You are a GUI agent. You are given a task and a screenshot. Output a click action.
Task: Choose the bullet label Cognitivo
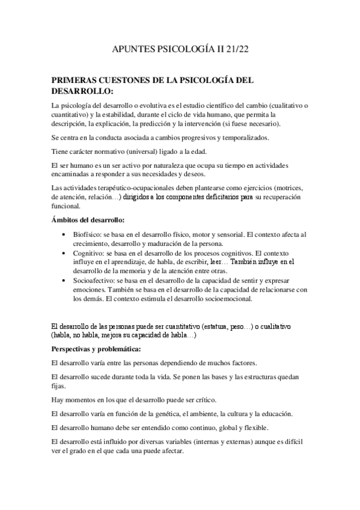(x=90, y=254)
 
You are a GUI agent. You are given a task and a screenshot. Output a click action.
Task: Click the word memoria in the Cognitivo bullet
(x=140, y=272)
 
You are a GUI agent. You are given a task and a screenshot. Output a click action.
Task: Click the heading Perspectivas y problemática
(x=96, y=349)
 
